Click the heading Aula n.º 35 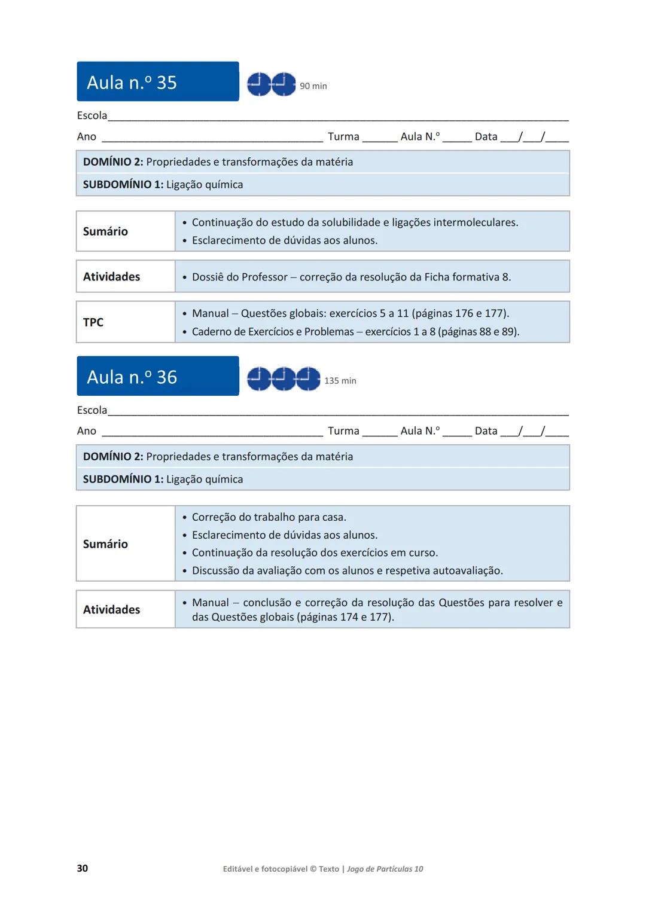tap(132, 83)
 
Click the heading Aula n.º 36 tap(132, 377)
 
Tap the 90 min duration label tap(313, 86)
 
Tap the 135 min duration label tap(340, 381)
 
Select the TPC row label tap(93, 322)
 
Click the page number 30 tap(83, 868)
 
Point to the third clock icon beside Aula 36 tap(309, 379)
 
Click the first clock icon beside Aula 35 tap(259, 84)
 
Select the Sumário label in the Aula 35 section tap(105, 231)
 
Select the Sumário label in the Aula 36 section tap(105, 544)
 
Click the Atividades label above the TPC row tap(111, 277)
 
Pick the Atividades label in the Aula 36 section tap(111, 610)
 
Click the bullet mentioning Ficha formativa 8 tap(351, 277)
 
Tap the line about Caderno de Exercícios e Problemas tap(355, 332)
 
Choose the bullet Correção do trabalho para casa tap(269, 517)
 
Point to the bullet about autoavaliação tap(347, 571)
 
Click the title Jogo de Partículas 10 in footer tap(385, 869)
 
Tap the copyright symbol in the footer tap(313, 869)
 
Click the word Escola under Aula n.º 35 tap(92, 116)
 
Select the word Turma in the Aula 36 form tap(343, 431)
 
